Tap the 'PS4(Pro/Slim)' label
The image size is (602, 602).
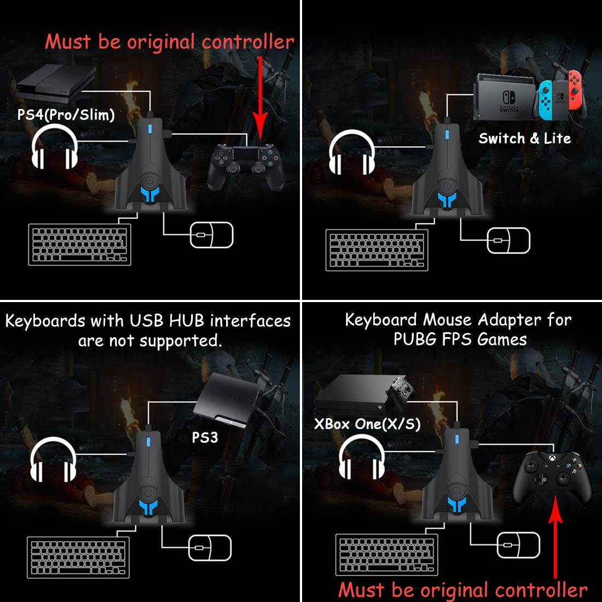[66, 114]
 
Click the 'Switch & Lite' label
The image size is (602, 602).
[524, 138]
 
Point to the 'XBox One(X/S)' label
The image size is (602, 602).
[367, 424]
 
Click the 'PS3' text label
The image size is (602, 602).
[205, 437]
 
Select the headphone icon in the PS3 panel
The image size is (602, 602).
[53, 460]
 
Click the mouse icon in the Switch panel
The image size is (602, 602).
[508, 240]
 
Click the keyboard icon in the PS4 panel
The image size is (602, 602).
[80, 244]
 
